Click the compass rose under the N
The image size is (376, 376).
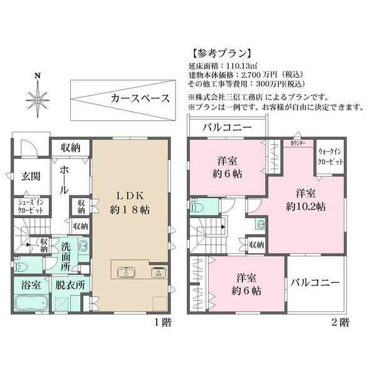point(38,100)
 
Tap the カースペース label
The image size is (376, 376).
point(140,98)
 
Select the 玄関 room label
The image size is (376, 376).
point(31,176)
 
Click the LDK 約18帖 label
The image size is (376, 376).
point(130,202)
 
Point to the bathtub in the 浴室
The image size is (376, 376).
point(31,303)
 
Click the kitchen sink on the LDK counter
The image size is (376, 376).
point(127,272)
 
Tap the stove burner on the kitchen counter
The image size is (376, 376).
point(159,272)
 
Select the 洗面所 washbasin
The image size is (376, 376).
point(83,245)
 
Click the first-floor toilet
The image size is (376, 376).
point(21,266)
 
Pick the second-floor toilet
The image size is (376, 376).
point(196,206)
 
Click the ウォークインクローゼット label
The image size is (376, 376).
point(330,157)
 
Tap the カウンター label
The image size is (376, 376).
point(298,144)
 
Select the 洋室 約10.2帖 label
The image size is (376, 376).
point(306,200)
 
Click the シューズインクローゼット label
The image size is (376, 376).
point(31,206)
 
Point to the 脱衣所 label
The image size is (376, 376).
point(70,285)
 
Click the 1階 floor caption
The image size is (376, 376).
point(163,323)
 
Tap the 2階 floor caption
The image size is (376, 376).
point(340,323)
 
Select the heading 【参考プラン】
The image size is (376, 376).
point(222,54)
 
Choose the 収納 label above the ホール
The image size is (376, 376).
point(70,148)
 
